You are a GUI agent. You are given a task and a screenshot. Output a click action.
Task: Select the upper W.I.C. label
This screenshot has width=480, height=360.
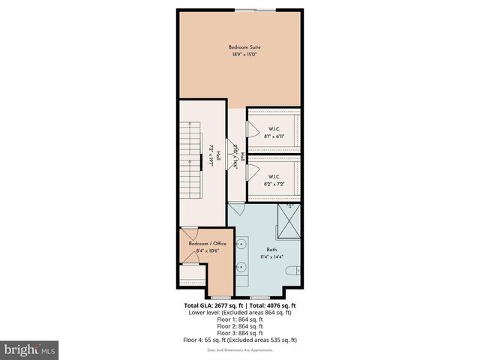click(x=274, y=128)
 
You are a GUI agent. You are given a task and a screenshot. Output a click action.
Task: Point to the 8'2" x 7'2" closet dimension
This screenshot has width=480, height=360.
click(x=274, y=183)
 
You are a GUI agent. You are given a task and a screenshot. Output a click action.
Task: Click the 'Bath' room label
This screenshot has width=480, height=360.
click(x=271, y=250)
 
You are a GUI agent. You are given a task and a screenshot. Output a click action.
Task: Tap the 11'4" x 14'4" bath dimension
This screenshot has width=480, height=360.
click(x=271, y=257)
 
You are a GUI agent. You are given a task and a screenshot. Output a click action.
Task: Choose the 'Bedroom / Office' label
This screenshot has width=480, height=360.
click(x=206, y=244)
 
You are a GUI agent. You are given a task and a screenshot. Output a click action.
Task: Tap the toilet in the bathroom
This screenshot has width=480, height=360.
click(x=295, y=269)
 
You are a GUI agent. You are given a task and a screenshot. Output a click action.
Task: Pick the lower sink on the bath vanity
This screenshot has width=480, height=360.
click(x=243, y=266)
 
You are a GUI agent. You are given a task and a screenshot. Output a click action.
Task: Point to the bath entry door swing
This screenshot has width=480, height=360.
click(x=235, y=209)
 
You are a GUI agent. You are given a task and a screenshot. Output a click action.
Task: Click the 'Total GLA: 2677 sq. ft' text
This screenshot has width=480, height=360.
click(x=212, y=306)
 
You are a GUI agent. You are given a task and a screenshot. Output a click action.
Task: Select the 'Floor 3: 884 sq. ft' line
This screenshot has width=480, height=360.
click(x=240, y=333)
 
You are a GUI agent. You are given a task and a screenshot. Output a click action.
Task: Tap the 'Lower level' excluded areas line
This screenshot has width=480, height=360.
click(x=240, y=313)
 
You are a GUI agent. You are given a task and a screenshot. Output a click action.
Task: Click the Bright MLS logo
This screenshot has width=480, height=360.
click(x=30, y=349)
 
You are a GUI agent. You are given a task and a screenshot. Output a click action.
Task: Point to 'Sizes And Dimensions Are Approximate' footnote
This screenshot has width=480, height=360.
click(x=240, y=349)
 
